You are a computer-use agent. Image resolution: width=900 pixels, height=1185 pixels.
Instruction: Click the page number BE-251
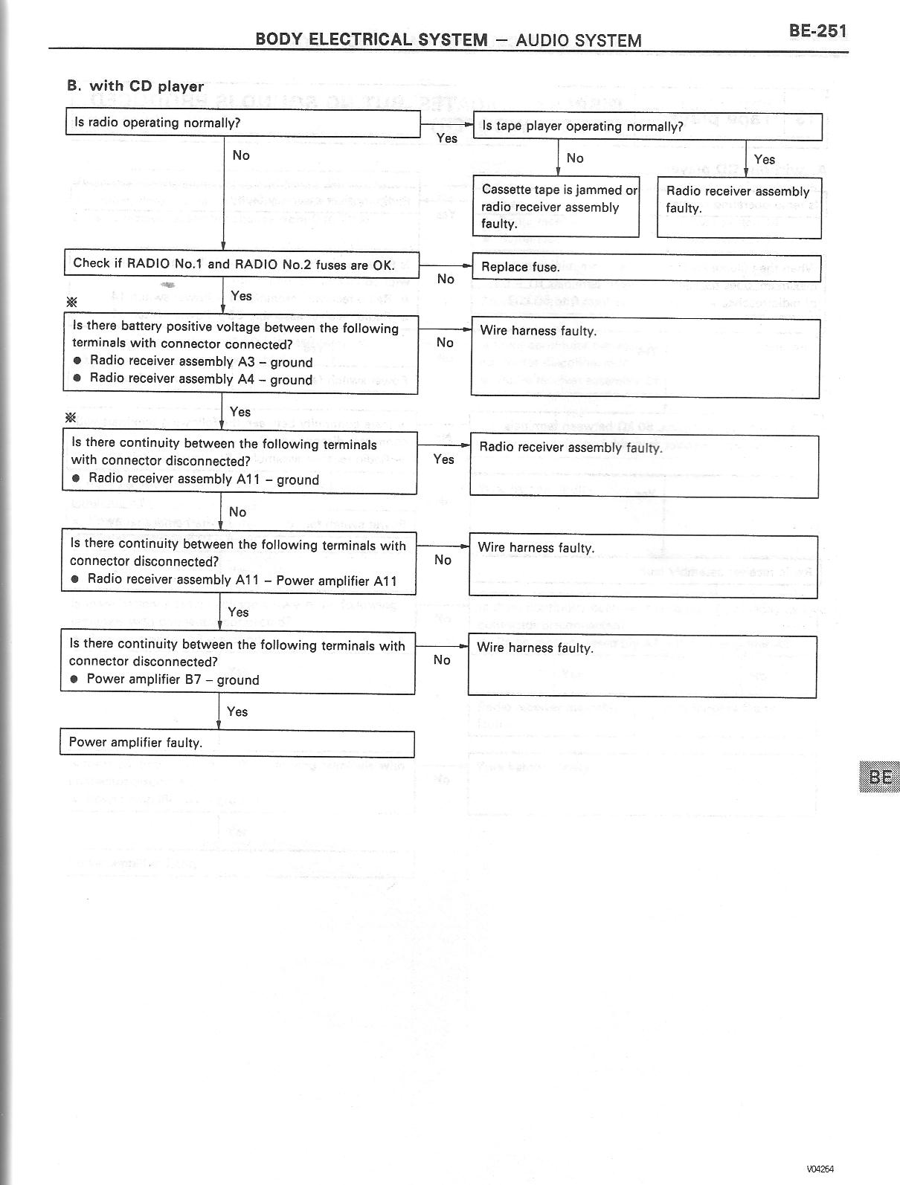tap(817, 31)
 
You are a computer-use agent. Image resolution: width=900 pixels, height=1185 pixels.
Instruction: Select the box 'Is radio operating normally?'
tap(243, 123)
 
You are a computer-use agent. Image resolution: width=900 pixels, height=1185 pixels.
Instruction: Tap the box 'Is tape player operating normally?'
tap(647, 126)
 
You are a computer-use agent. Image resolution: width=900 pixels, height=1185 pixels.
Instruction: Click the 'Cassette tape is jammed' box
tap(556, 207)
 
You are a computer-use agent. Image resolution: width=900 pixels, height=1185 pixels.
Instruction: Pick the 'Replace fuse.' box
tap(646, 267)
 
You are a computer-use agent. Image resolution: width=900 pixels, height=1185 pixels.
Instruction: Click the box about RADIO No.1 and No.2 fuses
tap(241, 264)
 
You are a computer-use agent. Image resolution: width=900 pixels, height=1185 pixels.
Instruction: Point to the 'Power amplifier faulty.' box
tap(237, 743)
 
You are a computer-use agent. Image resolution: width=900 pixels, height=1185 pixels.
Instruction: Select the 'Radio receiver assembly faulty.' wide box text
tap(570, 448)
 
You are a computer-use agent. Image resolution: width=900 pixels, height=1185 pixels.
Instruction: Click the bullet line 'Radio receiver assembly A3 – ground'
tap(201, 362)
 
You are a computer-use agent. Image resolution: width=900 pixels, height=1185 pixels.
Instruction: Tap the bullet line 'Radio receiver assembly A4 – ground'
tap(201, 379)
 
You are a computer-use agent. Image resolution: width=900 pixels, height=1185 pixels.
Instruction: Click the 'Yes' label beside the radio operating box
tap(447, 138)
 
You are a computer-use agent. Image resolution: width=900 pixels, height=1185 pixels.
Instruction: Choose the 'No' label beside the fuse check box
tap(446, 279)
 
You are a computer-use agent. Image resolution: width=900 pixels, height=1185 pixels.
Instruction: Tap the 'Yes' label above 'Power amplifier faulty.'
tap(237, 712)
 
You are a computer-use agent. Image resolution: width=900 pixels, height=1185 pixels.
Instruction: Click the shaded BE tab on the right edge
tap(880, 777)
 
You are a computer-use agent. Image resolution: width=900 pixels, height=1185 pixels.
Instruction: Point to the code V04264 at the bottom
tap(820, 1168)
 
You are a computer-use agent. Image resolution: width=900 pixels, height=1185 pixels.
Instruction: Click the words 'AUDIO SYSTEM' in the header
tap(578, 40)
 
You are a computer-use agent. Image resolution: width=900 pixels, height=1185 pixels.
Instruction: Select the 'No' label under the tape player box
tap(575, 158)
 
